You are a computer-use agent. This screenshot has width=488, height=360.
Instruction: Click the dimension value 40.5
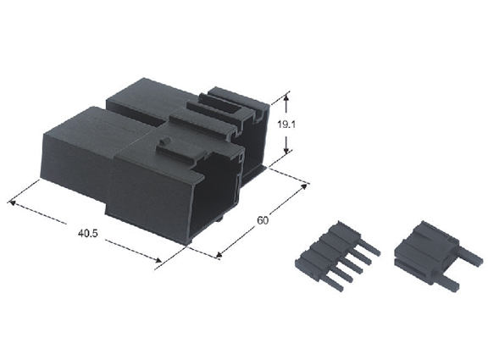point(87,233)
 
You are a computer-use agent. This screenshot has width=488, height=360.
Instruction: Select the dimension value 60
point(263,220)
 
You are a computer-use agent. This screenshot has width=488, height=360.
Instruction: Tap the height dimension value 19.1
point(286,125)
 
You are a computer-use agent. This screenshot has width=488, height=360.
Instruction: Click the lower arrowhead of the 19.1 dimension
point(286,150)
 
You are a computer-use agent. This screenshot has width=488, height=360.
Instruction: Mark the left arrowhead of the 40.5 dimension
point(12,202)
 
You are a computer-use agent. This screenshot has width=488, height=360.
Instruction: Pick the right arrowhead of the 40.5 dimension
point(158,259)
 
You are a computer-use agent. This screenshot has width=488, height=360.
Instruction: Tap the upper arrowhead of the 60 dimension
point(303,186)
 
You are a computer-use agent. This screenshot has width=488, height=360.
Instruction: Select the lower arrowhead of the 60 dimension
point(219,255)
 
